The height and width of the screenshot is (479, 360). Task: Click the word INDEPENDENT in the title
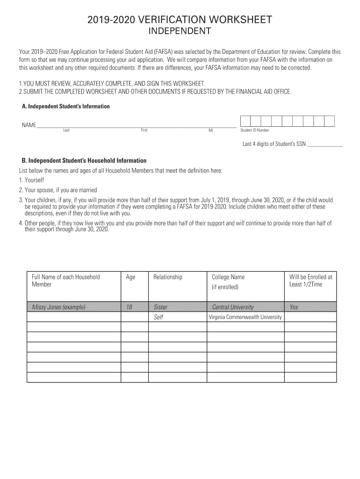pos(180,31)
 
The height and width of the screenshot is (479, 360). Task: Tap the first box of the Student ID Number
pos(245,121)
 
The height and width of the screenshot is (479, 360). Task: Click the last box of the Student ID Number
pos(330,121)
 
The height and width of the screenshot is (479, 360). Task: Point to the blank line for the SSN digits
pos(325,145)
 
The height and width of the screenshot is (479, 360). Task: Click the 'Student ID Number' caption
pos(254,131)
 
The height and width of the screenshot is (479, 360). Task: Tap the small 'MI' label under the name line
pos(210,131)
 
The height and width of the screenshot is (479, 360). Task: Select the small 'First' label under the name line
pos(144,130)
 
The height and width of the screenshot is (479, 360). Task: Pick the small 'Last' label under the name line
pos(66,130)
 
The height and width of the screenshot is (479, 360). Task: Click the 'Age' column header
pos(130,277)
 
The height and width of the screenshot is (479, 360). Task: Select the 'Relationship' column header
pos(168,277)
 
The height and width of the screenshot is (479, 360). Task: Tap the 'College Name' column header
pos(228,277)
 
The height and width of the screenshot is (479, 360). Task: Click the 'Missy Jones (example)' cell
pos(58,307)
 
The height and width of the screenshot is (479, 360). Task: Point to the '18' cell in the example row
pos(130,307)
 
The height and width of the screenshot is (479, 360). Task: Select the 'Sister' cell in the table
pos(160,307)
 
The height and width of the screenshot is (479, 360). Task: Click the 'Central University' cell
pos(233,307)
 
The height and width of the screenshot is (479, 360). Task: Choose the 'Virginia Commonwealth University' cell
pos(245,317)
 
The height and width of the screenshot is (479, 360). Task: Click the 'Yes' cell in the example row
pos(294,307)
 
